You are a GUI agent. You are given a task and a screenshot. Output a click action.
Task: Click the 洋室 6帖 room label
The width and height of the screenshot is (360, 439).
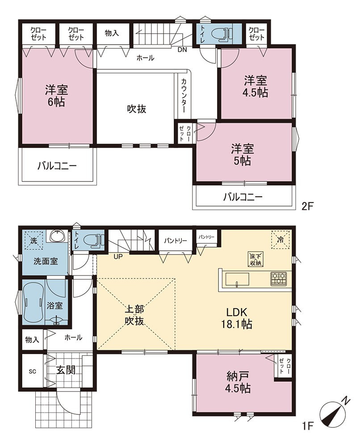(x=57, y=96)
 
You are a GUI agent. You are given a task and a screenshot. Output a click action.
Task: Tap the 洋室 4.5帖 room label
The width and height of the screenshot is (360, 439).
(x=255, y=87)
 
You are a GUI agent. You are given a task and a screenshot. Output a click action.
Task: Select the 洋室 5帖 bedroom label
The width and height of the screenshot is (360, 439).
(x=242, y=155)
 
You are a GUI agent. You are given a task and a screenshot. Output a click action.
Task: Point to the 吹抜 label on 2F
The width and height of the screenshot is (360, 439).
(x=137, y=109)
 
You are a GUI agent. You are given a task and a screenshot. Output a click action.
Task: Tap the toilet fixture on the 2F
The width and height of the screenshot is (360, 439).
(x=223, y=34)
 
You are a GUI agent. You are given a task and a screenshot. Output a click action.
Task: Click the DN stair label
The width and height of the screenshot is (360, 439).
(x=182, y=50)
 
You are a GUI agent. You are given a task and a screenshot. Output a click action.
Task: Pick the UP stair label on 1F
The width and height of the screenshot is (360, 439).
(x=118, y=257)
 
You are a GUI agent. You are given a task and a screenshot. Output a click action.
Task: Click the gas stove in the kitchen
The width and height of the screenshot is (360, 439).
(x=278, y=279)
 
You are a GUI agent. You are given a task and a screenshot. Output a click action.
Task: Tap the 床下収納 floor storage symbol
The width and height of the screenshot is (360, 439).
(x=255, y=259)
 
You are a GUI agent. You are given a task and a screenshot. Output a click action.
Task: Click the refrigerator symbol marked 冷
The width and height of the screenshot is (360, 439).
(x=280, y=240)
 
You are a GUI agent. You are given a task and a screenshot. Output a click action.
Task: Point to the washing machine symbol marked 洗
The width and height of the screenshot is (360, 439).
(x=33, y=240)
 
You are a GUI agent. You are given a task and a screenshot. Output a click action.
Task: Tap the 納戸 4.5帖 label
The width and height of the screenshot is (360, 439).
(x=238, y=382)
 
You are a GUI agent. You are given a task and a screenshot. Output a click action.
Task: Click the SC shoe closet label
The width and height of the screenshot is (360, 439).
(x=33, y=371)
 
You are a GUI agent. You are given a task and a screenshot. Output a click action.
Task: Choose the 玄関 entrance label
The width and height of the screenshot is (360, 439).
(x=66, y=370)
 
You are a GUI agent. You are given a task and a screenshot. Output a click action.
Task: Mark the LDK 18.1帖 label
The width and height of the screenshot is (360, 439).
(x=237, y=318)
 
